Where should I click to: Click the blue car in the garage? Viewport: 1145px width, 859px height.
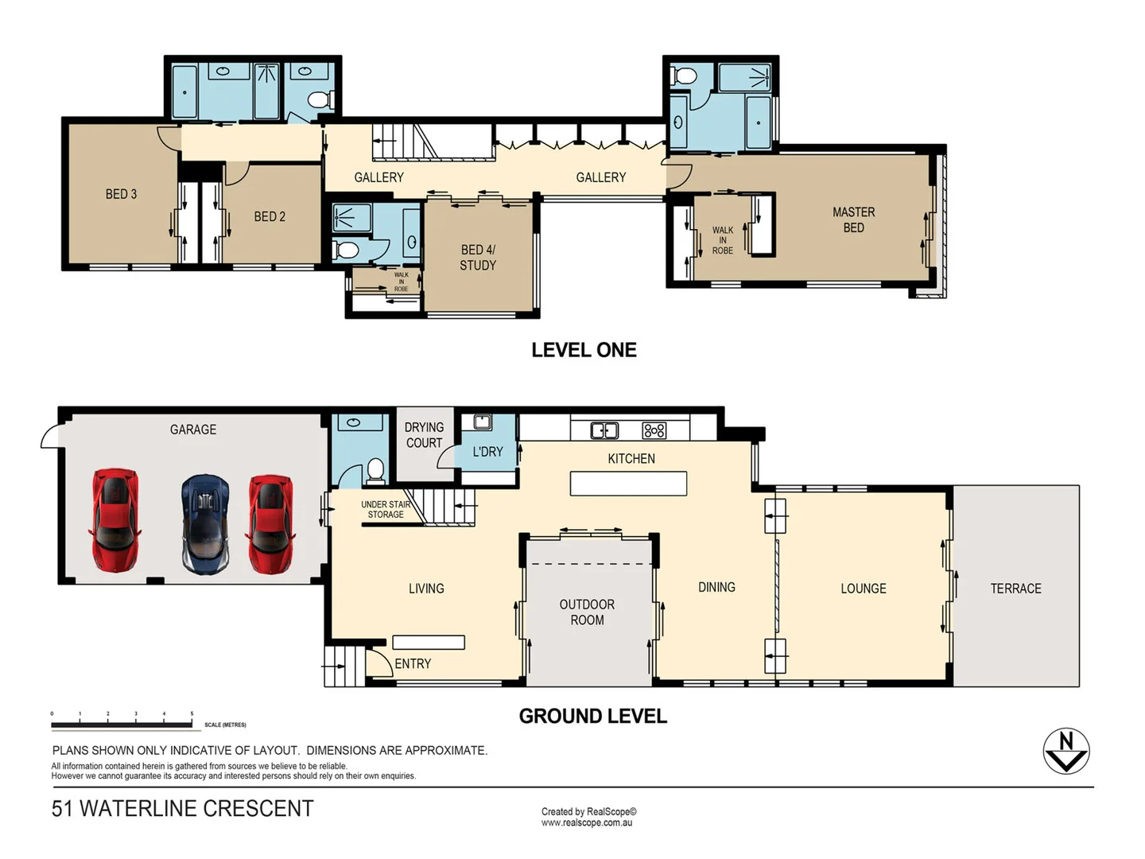[x=205, y=523]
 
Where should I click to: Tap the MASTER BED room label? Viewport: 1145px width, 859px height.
[x=853, y=220]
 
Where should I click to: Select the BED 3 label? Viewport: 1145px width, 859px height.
[x=121, y=194]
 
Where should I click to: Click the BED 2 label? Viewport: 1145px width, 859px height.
[x=270, y=216]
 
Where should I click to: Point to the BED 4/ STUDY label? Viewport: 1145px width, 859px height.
[x=478, y=258]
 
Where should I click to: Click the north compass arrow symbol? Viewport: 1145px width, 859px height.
[x=1065, y=751]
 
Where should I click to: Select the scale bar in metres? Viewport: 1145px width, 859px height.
[x=122, y=724]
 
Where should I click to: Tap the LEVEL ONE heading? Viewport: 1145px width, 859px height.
[x=584, y=350]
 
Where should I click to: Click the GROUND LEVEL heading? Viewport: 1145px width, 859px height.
[x=592, y=716]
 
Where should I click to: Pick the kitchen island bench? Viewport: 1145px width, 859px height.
[x=628, y=484]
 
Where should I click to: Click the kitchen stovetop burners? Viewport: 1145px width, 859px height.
[x=654, y=430]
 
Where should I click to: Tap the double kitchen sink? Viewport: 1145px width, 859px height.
[x=604, y=430]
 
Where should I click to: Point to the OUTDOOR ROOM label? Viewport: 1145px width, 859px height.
[x=587, y=612]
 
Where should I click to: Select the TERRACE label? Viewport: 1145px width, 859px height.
[x=1015, y=589]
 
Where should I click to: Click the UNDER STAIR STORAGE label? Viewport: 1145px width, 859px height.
[x=386, y=509]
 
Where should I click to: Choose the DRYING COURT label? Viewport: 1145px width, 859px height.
[x=424, y=435]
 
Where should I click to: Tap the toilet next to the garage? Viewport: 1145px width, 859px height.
[x=375, y=470]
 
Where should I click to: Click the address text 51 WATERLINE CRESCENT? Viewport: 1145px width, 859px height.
[x=182, y=808]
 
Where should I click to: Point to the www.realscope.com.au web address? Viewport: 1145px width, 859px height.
[x=587, y=822]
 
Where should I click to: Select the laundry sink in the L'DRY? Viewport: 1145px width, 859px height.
[x=482, y=422]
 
